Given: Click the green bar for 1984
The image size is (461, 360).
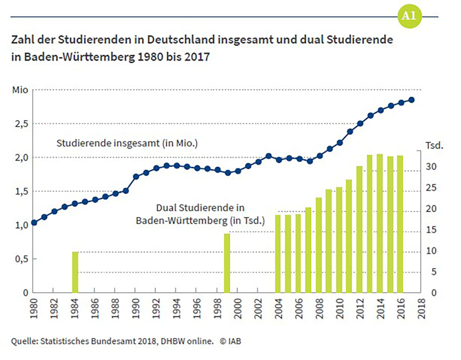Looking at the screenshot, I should [x=75, y=272].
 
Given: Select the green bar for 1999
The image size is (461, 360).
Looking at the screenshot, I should [x=227, y=263].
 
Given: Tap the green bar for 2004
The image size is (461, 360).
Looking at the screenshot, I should [x=278, y=254].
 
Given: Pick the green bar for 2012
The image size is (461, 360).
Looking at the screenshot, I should [x=359, y=229].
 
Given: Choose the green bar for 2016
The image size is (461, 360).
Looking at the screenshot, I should [x=400, y=224].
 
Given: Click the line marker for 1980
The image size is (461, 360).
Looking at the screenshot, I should [x=34, y=223].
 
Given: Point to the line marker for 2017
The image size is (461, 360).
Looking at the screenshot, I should [x=411, y=100].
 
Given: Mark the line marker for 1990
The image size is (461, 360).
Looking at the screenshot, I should [x=136, y=176].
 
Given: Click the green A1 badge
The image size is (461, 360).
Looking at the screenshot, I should [x=409, y=16].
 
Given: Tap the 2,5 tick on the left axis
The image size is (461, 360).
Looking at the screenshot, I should [x=21, y=124].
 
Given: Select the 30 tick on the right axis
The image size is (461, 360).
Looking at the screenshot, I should [x=431, y=167].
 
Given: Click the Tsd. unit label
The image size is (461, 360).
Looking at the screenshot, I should [x=434, y=145].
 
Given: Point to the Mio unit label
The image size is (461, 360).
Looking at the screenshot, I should [x=20, y=90].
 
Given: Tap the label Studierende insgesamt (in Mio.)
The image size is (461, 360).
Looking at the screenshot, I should [x=127, y=143].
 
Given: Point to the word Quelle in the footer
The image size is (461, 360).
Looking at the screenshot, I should [x=24, y=341].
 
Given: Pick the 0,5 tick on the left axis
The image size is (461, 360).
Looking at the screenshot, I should [x=21, y=259].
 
